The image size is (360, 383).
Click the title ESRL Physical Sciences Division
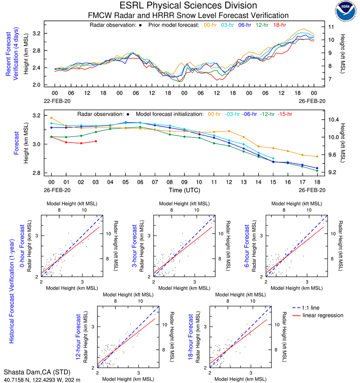[188, 6]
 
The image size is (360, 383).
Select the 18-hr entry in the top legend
[279, 25]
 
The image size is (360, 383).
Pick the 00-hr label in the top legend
[210, 25]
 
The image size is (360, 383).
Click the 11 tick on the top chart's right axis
[331, 27]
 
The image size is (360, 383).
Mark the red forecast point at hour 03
[95, 141]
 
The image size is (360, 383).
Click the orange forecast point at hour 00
[51, 118]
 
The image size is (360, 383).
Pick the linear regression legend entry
[323, 315]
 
